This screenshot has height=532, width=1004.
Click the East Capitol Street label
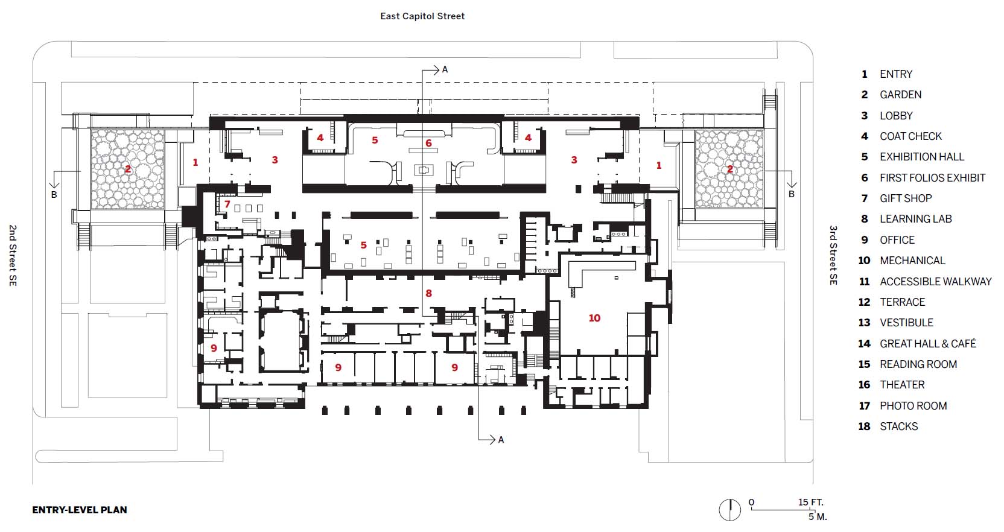tap(422, 16)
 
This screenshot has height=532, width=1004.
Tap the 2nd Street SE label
tap(13, 255)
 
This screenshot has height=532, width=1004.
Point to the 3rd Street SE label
tap(833, 255)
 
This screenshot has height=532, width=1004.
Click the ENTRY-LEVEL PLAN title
tap(80, 510)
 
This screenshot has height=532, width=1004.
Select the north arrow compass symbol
tap(729, 510)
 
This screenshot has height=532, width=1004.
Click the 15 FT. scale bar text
tap(810, 502)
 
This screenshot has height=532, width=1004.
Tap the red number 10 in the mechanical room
tap(594, 318)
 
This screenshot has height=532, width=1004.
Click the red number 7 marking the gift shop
tap(227, 204)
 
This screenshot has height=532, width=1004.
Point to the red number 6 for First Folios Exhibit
tap(428, 143)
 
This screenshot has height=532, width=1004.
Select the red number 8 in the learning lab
tap(428, 293)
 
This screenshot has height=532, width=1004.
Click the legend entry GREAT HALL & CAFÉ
tap(927, 344)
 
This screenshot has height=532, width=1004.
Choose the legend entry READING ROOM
tap(918, 364)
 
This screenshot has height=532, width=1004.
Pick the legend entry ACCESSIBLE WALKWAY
tap(935, 282)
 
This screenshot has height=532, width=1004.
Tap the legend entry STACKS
tap(898, 426)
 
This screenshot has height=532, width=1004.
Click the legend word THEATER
tap(901, 385)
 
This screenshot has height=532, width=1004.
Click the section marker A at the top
tap(445, 69)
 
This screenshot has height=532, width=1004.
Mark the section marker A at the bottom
tap(501, 440)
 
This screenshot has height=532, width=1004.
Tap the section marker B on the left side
tap(54, 194)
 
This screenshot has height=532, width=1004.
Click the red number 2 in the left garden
tap(128, 169)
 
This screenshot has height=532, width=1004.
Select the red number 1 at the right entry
tap(659, 165)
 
